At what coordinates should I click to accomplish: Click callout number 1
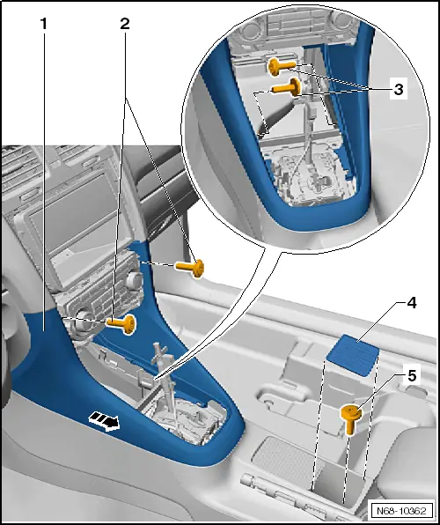(x=43, y=24)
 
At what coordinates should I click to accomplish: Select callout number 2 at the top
(x=125, y=24)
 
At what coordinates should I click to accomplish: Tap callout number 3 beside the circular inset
(x=399, y=90)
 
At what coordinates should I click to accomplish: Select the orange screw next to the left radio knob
(x=121, y=324)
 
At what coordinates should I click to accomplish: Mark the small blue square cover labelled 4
(x=352, y=353)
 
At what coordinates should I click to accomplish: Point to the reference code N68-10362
(x=400, y=511)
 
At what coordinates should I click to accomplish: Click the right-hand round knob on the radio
(x=134, y=281)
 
